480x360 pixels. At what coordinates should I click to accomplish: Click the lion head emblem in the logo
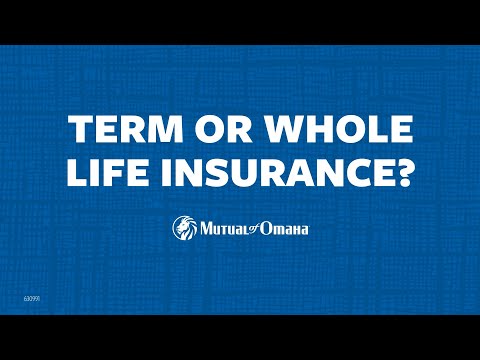(184, 228)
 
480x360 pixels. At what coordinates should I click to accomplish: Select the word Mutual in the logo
(222, 229)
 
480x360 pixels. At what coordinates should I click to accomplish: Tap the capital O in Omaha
(267, 229)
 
